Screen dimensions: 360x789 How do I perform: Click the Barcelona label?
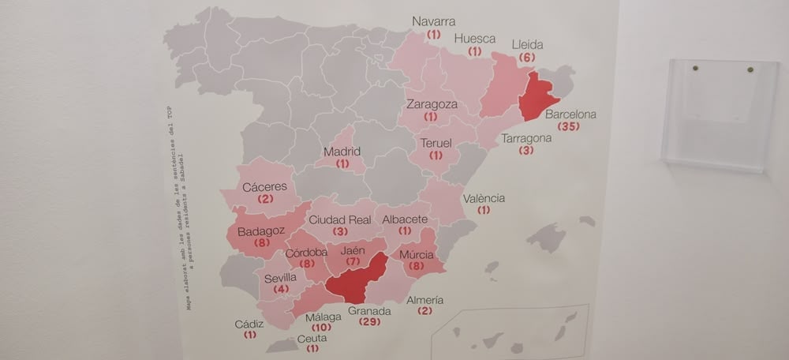click(x=570, y=114)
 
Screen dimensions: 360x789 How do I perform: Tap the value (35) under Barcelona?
click(x=568, y=126)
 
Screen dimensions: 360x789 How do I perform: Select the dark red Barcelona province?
click(x=537, y=99)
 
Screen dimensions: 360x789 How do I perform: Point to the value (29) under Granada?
click(x=369, y=322)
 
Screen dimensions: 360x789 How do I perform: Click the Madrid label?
click(x=342, y=152)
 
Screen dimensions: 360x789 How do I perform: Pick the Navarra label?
click(x=434, y=22)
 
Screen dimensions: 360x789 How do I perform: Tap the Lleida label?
click(x=527, y=45)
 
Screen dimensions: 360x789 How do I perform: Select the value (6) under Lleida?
click(x=527, y=58)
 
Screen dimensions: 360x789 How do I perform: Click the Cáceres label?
click(x=265, y=187)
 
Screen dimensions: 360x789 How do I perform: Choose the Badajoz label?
click(x=260, y=231)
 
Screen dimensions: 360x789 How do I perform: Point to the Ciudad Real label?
click(x=340, y=220)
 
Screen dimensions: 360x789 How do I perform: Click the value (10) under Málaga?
click(x=321, y=328)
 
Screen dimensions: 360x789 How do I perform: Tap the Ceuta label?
click(x=312, y=338)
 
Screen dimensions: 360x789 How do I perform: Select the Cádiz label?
click(x=249, y=324)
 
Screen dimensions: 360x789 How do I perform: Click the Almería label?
click(x=424, y=300)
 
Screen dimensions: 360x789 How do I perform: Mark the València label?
click(x=484, y=198)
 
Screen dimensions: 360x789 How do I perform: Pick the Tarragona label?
click(x=526, y=138)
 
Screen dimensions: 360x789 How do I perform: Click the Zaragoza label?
click(x=431, y=104)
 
